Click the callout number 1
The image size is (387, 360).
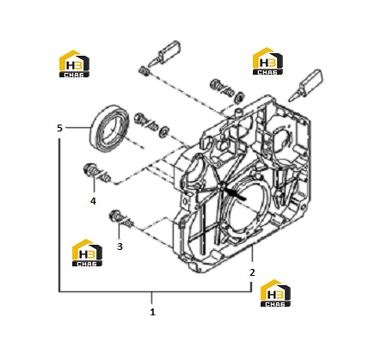click(x=152, y=312)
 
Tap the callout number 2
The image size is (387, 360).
click(x=252, y=272)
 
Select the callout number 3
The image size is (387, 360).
click(x=120, y=247)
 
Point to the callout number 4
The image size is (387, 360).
click(x=93, y=201)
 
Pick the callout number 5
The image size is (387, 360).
click(x=59, y=128)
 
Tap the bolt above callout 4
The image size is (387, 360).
click(x=96, y=173)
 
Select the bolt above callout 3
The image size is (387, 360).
click(x=121, y=219)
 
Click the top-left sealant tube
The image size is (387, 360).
click(x=164, y=53)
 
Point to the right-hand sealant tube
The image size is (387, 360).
click(x=305, y=85)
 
